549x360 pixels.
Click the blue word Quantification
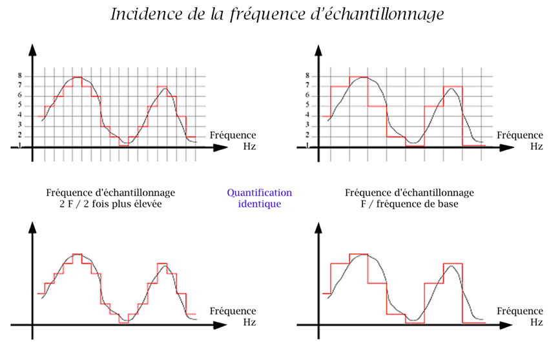pyautogui.click(x=259, y=193)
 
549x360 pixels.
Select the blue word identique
pyautogui.click(x=259, y=203)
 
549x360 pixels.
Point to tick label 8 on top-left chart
pyautogui.click(x=20, y=76)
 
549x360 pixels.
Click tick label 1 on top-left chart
pyautogui.click(x=20, y=145)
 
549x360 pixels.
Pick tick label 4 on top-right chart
pyautogui.click(x=307, y=115)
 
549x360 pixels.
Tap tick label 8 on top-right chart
pyautogui.click(x=307, y=76)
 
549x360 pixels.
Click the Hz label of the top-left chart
pyautogui.click(x=249, y=146)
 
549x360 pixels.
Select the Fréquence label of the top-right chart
pyautogui.click(x=519, y=135)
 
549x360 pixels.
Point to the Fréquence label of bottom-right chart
pyautogui.click(x=519, y=310)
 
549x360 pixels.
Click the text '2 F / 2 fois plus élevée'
pyautogui.click(x=111, y=204)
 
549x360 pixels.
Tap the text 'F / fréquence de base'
pyautogui.click(x=409, y=204)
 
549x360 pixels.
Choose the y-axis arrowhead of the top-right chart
pyautogui.click(x=318, y=50)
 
